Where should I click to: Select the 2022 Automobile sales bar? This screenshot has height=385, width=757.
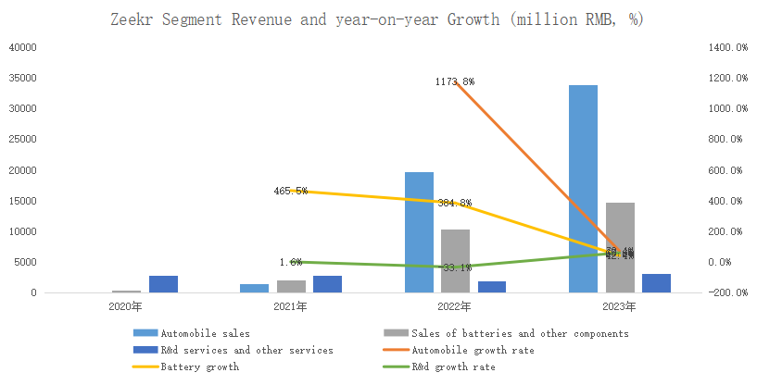[419, 232]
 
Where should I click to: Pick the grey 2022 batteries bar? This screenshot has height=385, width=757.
[455, 261]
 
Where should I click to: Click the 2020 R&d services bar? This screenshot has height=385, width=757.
[163, 284]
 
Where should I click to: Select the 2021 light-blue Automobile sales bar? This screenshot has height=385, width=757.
[254, 288]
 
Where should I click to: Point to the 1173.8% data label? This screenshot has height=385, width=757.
[454, 82]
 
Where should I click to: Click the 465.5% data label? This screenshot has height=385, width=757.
[290, 191]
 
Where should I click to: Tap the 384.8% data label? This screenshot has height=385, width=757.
[454, 203]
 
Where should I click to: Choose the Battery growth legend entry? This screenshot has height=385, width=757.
[199, 367]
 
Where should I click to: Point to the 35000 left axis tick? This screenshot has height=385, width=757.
[23, 78]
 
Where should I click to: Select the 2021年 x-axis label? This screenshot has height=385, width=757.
[290, 305]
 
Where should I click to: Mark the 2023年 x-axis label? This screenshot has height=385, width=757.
[619, 305]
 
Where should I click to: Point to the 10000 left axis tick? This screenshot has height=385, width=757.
[23, 231]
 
